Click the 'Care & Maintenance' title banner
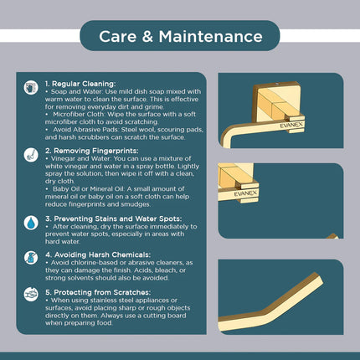(179, 36)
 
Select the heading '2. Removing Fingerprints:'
(90, 154)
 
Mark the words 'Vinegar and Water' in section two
(79, 162)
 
